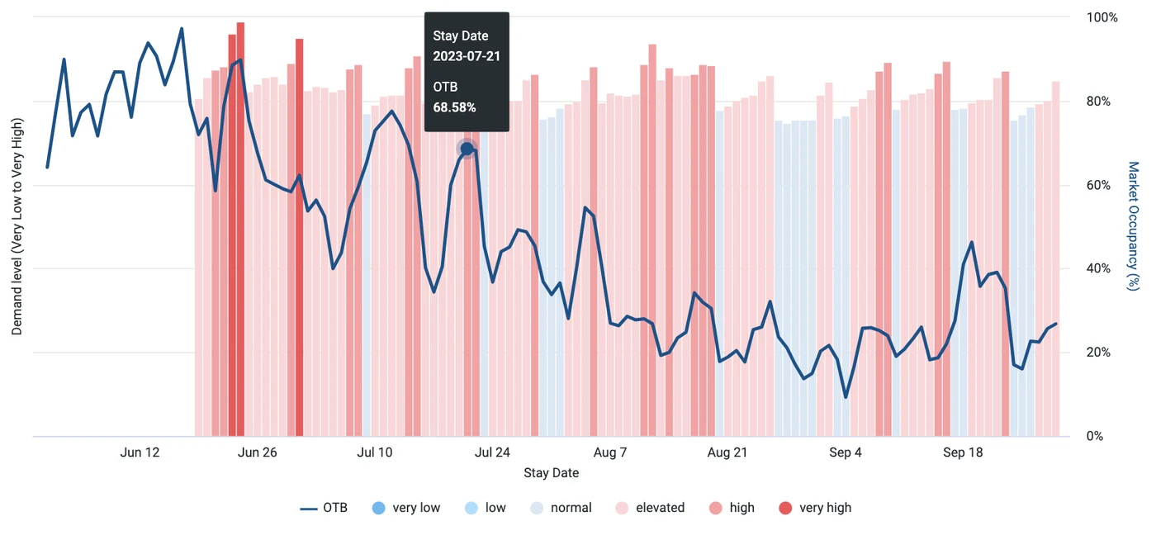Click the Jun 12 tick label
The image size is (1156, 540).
coord(140,452)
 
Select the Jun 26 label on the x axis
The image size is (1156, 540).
coord(258,452)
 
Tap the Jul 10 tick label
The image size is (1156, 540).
coord(375,452)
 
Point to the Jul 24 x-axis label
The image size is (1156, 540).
coord(493,452)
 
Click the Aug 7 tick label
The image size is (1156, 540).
coord(610,452)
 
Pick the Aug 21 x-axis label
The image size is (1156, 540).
coord(728,452)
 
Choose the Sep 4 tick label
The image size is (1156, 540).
coord(846,452)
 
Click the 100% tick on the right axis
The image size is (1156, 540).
coord(1102,17)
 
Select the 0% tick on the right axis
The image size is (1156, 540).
coord(1096,436)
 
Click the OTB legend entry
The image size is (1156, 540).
coord(324,508)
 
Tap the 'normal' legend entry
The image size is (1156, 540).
coord(561,508)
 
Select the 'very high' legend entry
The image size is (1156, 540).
coord(815,508)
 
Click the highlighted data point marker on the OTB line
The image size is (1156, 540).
coord(467,149)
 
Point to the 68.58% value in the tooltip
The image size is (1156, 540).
coord(454,107)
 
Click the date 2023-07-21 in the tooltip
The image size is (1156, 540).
coord(467,56)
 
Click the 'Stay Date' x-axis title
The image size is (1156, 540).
coord(551,473)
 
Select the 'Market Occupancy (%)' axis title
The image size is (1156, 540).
coord(1134,225)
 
